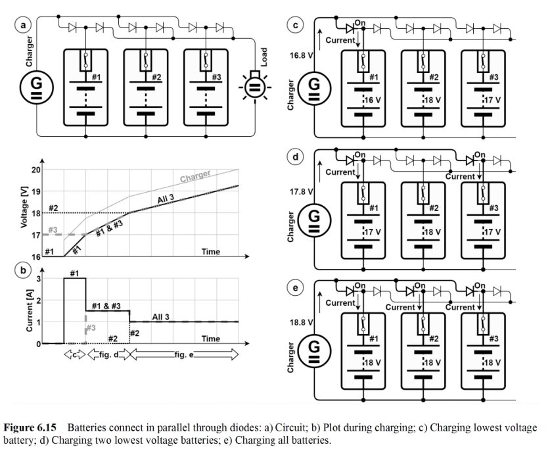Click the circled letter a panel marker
point(25,26)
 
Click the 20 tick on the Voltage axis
point(35,170)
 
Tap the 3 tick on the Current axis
point(39,279)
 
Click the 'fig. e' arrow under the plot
point(185,354)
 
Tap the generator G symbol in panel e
point(315,346)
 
